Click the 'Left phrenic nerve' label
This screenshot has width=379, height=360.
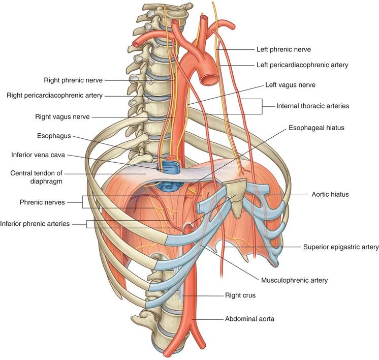pyautogui.click(x=283, y=50)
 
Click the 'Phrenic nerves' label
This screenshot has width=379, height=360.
pyautogui.click(x=50, y=202)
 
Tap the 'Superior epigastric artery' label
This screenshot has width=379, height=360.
pyautogui.click(x=341, y=247)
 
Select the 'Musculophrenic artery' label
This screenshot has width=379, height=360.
pyautogui.click(x=294, y=280)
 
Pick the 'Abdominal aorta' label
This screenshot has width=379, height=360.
pyautogui.click(x=249, y=319)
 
